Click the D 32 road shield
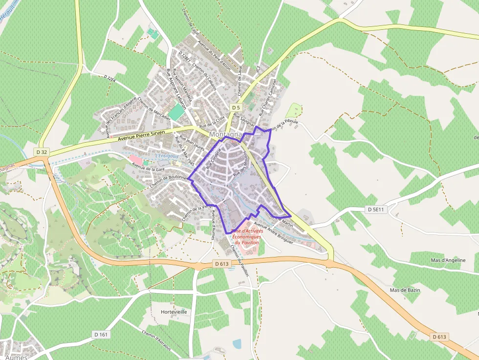point(42,152)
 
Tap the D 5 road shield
point(236,107)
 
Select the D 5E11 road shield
point(376,209)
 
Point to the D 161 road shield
point(100,335)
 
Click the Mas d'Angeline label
point(448,260)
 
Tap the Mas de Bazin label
point(405,290)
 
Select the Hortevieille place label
point(174,312)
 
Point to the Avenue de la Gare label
point(148,169)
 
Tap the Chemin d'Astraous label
point(156,340)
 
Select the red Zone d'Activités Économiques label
point(246,236)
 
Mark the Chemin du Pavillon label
point(239,260)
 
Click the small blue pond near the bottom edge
point(237,344)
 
